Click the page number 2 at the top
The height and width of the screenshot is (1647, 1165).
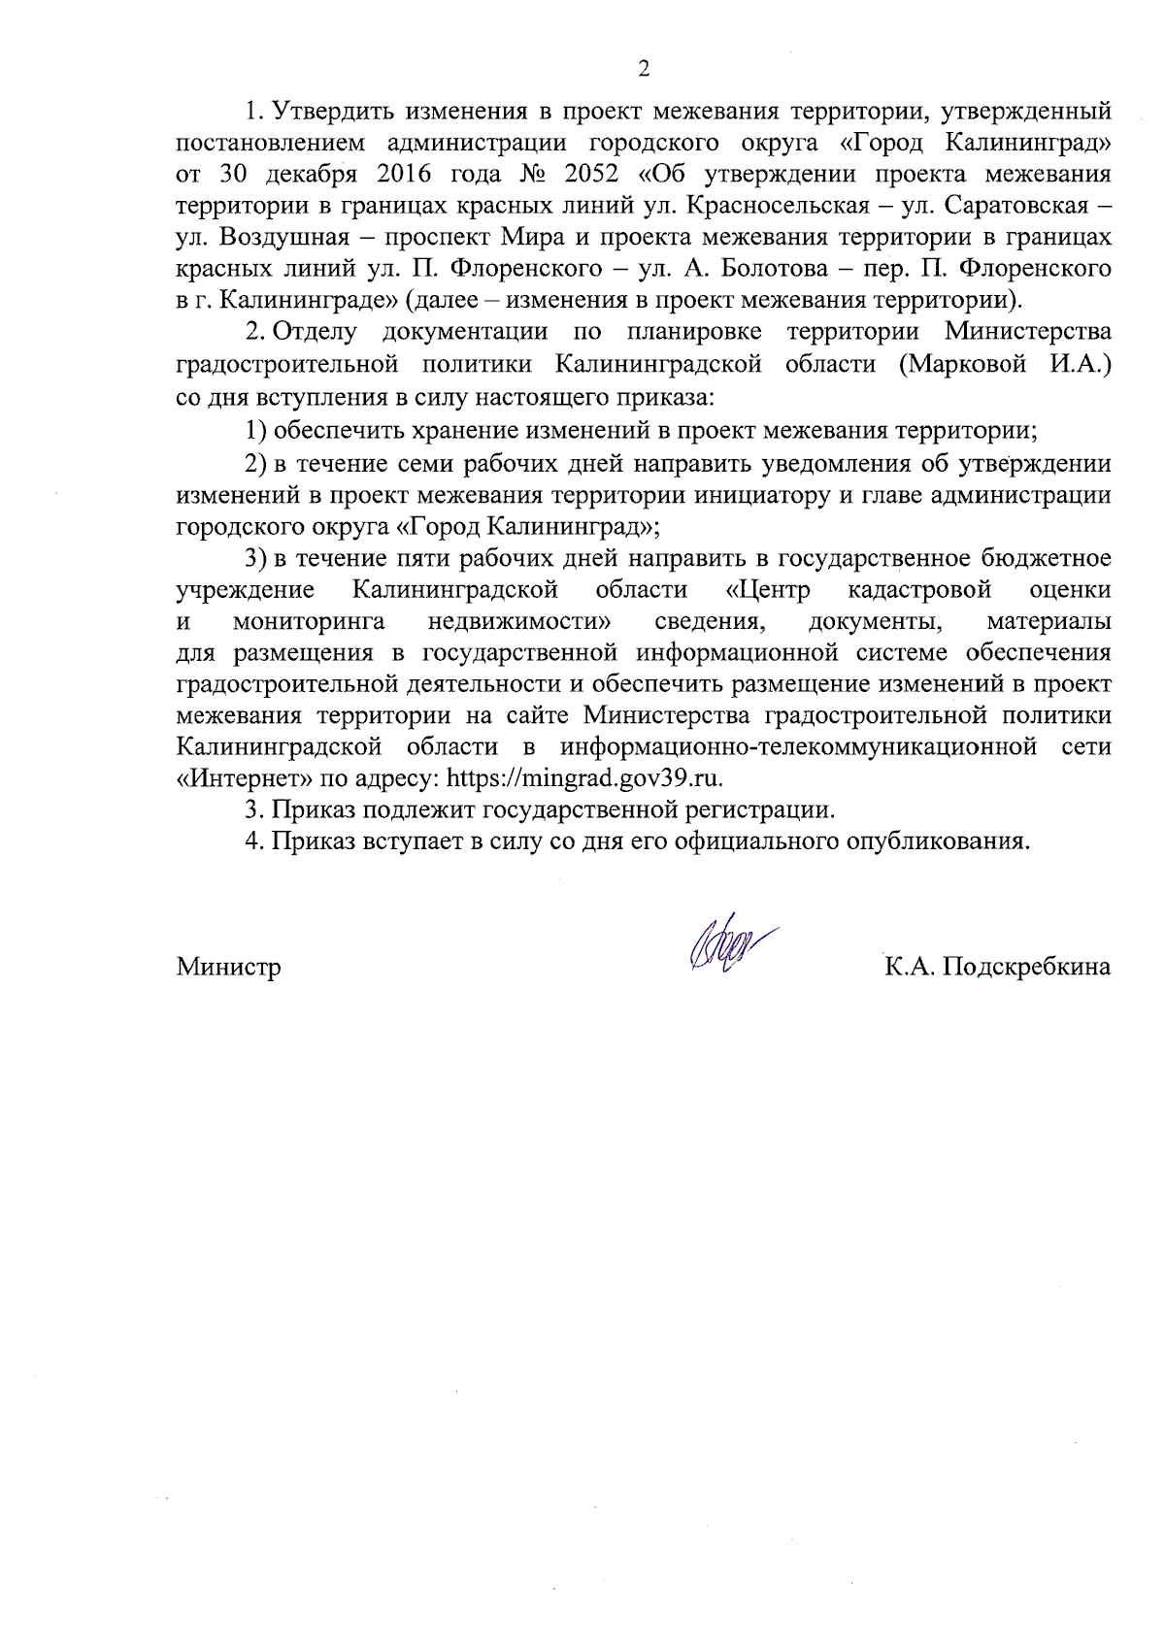(642, 68)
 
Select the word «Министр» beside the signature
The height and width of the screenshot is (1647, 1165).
(229, 967)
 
